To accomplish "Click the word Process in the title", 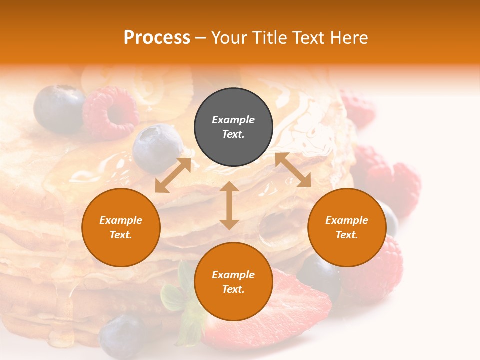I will [x=157, y=38].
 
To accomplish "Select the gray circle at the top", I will [x=233, y=127].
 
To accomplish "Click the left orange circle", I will [x=121, y=227].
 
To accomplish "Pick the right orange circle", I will [x=347, y=227].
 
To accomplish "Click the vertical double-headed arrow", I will [x=229, y=205].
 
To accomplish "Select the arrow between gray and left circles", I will [x=173, y=175].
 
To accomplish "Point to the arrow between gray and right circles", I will [x=293, y=170].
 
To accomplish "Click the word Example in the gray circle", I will [x=233, y=120].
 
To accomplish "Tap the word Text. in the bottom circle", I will [x=233, y=289].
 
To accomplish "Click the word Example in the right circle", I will [x=347, y=220].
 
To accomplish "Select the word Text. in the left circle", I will [x=121, y=235].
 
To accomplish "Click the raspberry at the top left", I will [x=111, y=112].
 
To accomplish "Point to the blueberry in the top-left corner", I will [x=59, y=108].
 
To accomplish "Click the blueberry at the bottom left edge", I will [x=122, y=336].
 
